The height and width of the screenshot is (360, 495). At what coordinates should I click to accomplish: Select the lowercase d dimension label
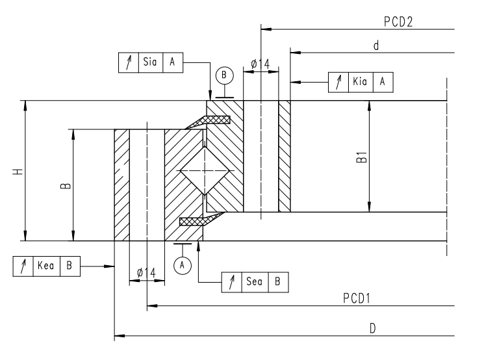(376, 45)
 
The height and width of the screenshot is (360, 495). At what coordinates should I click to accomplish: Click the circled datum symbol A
(183, 264)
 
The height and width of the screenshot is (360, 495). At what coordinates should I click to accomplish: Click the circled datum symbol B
(224, 75)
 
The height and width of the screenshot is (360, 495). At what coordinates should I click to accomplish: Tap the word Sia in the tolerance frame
(150, 62)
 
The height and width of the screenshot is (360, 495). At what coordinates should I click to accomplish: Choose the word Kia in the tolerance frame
(359, 82)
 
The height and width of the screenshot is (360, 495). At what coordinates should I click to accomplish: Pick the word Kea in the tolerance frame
(45, 266)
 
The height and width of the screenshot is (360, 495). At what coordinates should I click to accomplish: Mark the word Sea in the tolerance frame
(254, 282)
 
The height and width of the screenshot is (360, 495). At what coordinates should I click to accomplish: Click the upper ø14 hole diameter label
(260, 64)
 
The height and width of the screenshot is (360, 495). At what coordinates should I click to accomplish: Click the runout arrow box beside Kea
(23, 266)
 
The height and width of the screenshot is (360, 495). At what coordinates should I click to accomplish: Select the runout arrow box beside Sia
(128, 62)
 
